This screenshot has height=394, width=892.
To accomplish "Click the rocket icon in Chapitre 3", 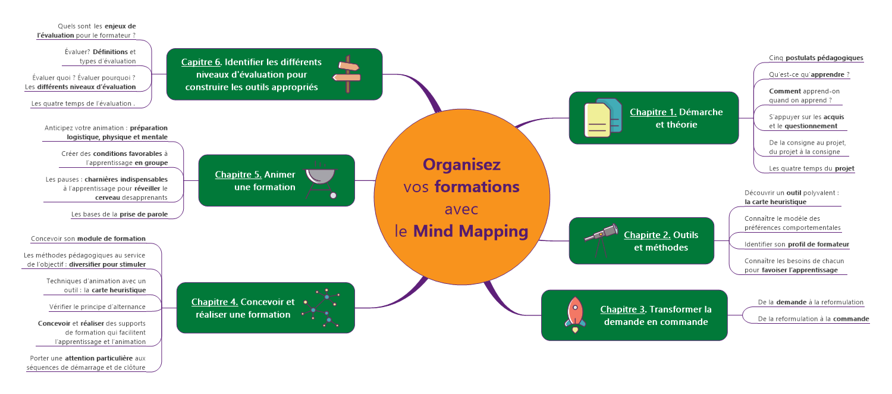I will (x=574, y=315).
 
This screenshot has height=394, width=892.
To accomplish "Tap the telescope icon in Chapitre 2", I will (x=601, y=239).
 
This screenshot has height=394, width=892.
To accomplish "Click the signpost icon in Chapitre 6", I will (x=348, y=74).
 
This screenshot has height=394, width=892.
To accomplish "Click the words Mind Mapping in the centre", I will (x=470, y=231).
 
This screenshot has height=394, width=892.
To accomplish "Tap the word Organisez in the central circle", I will (x=461, y=164).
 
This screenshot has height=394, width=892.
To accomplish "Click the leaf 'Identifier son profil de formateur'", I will (x=797, y=244).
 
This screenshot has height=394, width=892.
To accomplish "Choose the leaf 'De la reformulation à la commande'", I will (x=814, y=319).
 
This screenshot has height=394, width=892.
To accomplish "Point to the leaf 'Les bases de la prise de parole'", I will (x=119, y=214).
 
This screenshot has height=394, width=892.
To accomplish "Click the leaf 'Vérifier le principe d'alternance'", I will (x=97, y=307).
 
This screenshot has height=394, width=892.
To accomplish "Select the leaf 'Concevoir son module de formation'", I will (x=88, y=239).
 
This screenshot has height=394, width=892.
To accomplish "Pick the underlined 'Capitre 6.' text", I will (x=202, y=62).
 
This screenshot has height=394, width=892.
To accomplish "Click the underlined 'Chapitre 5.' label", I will (x=238, y=174).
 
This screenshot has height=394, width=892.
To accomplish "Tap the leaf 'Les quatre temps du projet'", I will (x=811, y=168).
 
